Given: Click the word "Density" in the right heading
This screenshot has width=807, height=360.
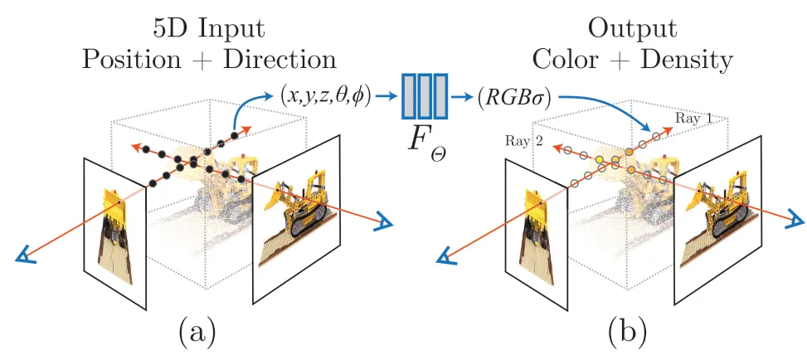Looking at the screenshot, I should pos(688,60).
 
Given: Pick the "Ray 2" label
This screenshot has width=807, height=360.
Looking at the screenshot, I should pos(525,143).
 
